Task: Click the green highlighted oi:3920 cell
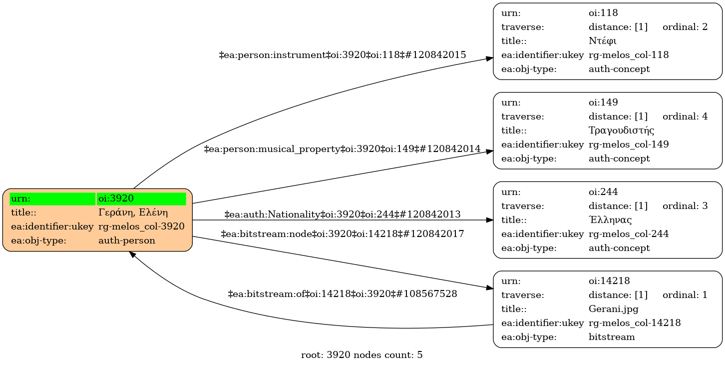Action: tap(141, 198)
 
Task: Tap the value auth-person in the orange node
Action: tap(127, 240)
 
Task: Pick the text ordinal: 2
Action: tap(685, 27)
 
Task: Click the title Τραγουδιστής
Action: tap(621, 130)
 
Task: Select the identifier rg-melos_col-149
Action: tap(629, 144)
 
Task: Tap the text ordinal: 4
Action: tap(685, 116)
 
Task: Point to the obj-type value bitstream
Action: tap(612, 337)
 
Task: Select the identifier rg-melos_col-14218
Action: tap(634, 323)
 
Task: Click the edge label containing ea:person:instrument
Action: tap(343, 55)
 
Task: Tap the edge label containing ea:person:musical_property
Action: tap(343, 149)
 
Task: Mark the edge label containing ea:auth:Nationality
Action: tap(343, 215)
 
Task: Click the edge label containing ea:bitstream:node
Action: tap(343, 233)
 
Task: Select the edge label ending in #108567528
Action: tap(343, 294)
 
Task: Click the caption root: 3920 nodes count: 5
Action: tap(362, 355)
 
